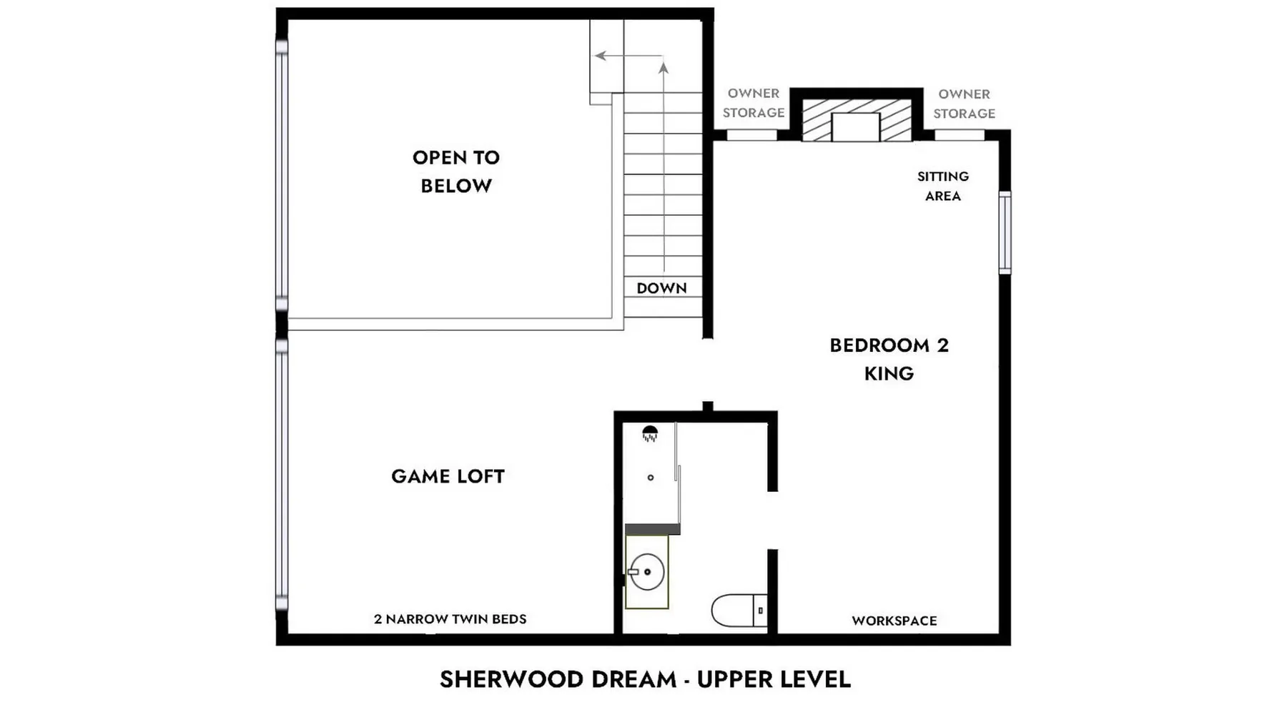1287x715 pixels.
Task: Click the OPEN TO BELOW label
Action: point(456,172)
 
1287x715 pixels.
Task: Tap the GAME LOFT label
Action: point(448,476)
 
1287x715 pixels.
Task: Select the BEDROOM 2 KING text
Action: point(889,359)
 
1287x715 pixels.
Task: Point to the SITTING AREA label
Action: point(943,186)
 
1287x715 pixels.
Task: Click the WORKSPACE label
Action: point(894,621)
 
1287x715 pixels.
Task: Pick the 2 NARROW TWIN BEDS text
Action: point(450,619)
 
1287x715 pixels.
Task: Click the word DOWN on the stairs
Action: point(661,288)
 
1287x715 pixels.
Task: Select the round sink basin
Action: point(646,572)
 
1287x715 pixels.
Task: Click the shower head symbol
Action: point(650,433)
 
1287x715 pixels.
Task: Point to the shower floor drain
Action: point(651,478)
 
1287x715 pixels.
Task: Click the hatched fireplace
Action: point(857,120)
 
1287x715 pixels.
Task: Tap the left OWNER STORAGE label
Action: point(754,103)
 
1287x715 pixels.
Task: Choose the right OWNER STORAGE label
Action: point(964,104)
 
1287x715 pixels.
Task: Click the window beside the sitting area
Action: point(1005,232)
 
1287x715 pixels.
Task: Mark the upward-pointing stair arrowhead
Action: point(664,68)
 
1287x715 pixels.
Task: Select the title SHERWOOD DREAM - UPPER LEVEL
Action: point(646,679)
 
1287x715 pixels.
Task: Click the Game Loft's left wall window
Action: point(282,475)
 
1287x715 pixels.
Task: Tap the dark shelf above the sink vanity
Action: point(653,529)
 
